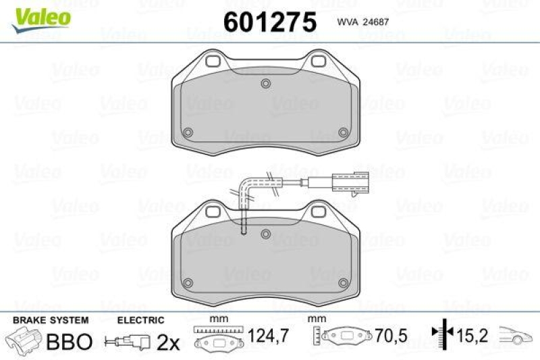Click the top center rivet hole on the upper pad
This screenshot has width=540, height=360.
click(266, 84)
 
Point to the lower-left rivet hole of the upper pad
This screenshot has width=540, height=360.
click(189, 132)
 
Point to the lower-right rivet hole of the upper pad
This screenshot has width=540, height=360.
click(343, 132)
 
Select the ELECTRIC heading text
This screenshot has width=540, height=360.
click(141, 320)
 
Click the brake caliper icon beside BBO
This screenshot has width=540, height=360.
click(24, 340)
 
